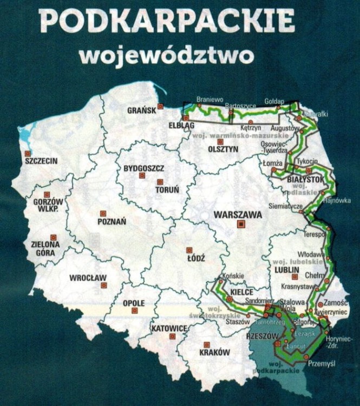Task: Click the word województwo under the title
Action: coord(166,55)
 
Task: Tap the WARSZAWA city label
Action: coord(238,214)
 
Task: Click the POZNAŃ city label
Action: coord(112,221)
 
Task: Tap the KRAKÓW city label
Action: coord(214,352)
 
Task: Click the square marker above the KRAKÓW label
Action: coord(206,344)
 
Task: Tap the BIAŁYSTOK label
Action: coord(306,178)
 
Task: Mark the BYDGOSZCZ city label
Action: coord(143,168)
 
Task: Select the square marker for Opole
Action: coord(135,311)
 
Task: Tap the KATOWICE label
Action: coord(169,328)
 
